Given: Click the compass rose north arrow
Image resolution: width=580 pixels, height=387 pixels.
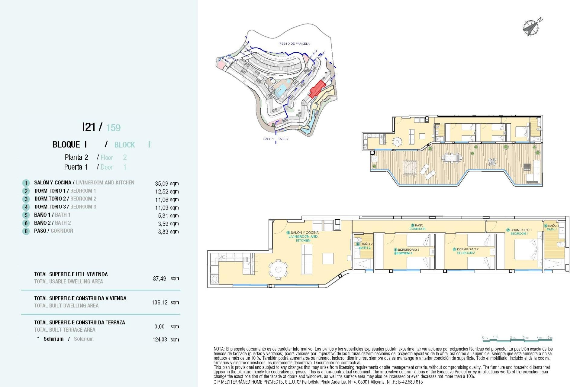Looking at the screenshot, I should (x=531, y=28).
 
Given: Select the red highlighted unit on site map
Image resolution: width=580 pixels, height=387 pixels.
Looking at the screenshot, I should (x=317, y=89).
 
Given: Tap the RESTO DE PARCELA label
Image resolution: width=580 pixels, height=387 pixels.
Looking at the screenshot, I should (x=294, y=44).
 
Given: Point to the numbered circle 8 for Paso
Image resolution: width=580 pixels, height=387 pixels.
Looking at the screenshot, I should (x=26, y=231).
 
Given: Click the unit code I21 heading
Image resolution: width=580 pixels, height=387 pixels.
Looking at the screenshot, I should (x=89, y=127).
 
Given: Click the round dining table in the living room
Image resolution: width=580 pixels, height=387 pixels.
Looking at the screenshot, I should (x=278, y=269).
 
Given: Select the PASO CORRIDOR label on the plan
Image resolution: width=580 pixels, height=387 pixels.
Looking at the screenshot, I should (x=418, y=227).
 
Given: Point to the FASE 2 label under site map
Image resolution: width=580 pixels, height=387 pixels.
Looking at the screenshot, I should (x=283, y=139).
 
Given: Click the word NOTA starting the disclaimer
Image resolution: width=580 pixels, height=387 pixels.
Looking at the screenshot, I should (x=219, y=349).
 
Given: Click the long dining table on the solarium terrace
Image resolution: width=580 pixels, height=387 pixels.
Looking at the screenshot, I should (x=452, y=158).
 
